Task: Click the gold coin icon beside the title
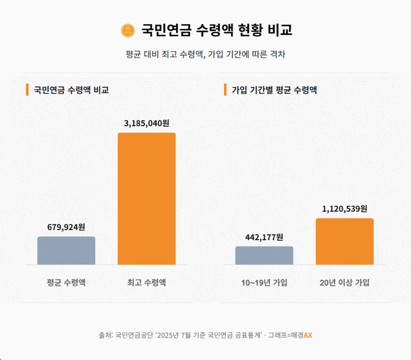[127, 30]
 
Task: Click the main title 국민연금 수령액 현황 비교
[217, 30]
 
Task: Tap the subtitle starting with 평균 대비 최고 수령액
[206, 54]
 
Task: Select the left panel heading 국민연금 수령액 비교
[71, 90]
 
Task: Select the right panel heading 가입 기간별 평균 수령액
[274, 90]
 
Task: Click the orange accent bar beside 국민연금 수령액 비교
[27, 90]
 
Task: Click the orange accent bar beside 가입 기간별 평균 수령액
[225, 90]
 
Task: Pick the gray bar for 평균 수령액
[66, 251]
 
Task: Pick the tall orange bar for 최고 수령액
[147, 198]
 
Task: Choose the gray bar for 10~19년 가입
[264, 255]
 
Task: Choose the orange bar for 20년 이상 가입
[345, 241]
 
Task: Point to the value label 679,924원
[66, 227]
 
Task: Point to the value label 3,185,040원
[147, 123]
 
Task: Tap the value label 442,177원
[264, 237]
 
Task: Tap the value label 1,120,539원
[345, 208]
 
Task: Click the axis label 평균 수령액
[66, 282]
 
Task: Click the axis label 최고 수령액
[147, 282]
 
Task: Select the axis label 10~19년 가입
[264, 282]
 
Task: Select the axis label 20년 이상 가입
[345, 282]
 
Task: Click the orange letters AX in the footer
[308, 335]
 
